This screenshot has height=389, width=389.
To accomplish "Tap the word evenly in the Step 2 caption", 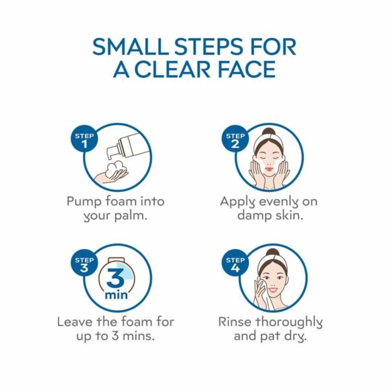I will (272, 201).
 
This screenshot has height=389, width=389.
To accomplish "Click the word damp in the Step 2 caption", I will (254, 216).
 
